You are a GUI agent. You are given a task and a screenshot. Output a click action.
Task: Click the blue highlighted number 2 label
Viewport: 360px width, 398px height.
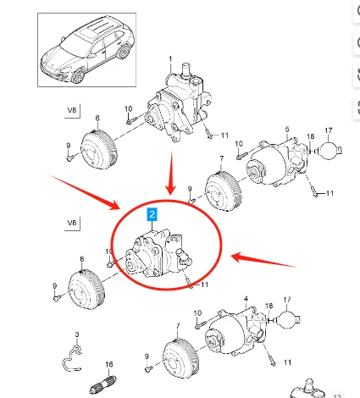tap(152, 216)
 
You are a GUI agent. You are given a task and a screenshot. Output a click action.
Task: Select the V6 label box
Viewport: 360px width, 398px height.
tap(72, 224)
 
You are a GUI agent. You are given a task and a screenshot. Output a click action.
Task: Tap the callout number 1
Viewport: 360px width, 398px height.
tap(169, 60)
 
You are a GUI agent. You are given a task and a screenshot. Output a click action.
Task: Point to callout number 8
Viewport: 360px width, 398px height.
tap(81, 258)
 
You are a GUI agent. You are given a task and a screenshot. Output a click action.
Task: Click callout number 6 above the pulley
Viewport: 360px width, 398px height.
tap(97, 118)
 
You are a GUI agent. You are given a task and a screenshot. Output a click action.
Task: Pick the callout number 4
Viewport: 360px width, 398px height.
tap(246, 299)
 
